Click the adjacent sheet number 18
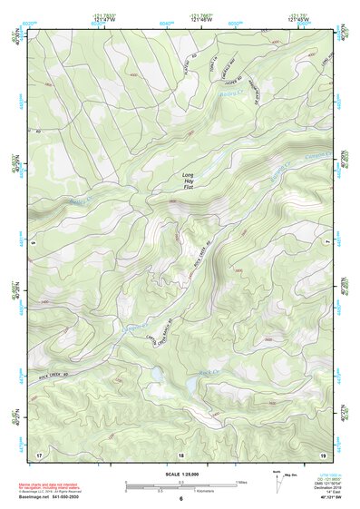(180, 454)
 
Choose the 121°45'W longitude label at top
(297, 18)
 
